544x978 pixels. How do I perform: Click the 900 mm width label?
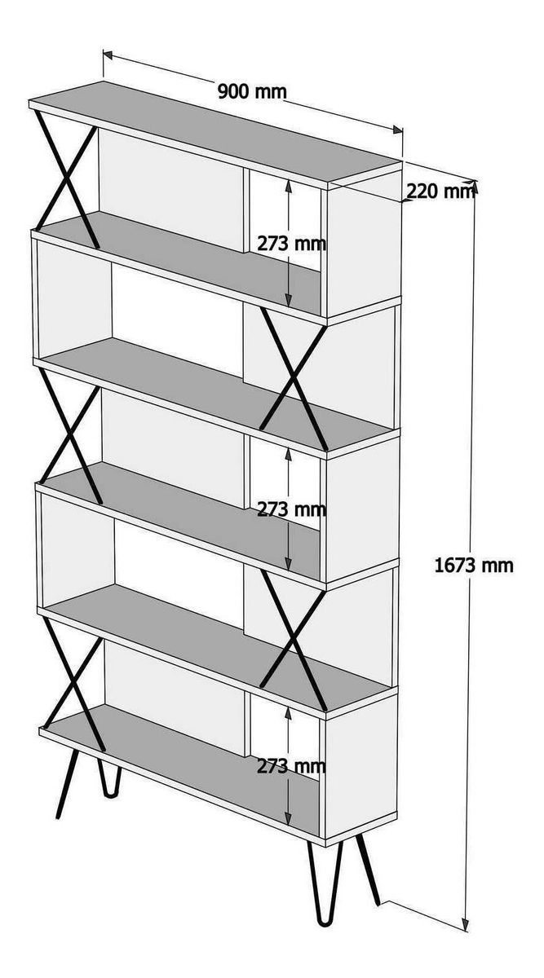pos(252,91)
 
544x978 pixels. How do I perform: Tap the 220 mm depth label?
pos(440,191)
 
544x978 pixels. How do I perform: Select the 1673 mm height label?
pos(474,566)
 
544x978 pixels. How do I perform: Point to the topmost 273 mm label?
pos(291,244)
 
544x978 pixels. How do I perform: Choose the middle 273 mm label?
pos(291,509)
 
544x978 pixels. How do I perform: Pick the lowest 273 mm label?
pos(291,766)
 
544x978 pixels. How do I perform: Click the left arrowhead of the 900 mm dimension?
pos(108,55)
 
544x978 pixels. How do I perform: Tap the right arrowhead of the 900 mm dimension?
pos(397,130)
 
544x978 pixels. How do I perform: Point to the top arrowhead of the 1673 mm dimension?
pos(475,187)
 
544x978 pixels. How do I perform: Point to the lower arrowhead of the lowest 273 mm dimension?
pos(288,820)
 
